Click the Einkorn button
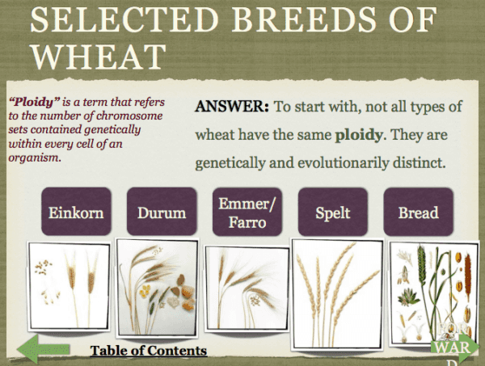73,213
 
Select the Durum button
161,213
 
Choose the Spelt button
331,213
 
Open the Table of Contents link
148,351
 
